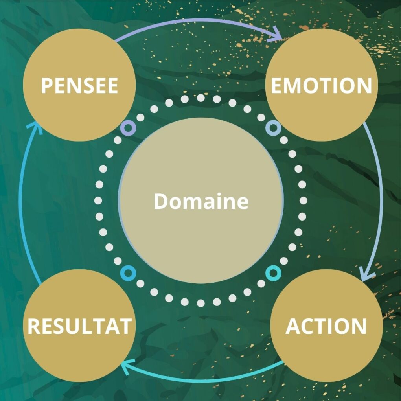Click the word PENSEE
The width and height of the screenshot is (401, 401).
[x=79, y=86]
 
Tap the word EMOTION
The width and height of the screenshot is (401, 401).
[x=321, y=86]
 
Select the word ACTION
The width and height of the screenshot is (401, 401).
[x=326, y=326]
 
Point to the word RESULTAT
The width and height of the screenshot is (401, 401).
[x=79, y=326]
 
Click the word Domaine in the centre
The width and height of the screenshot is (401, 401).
[x=201, y=201]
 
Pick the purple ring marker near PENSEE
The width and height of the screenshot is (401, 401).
[x=128, y=127]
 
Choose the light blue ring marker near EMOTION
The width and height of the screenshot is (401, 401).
[x=273, y=127]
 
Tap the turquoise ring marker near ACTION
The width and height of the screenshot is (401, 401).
[x=273, y=272]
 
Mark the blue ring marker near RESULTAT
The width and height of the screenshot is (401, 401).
[x=127, y=272]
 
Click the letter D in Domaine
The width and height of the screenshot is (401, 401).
[x=160, y=201]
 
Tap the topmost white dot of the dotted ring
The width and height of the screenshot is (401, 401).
[x=201, y=98]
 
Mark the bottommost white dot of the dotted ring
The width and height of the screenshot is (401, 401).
[x=201, y=303]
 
